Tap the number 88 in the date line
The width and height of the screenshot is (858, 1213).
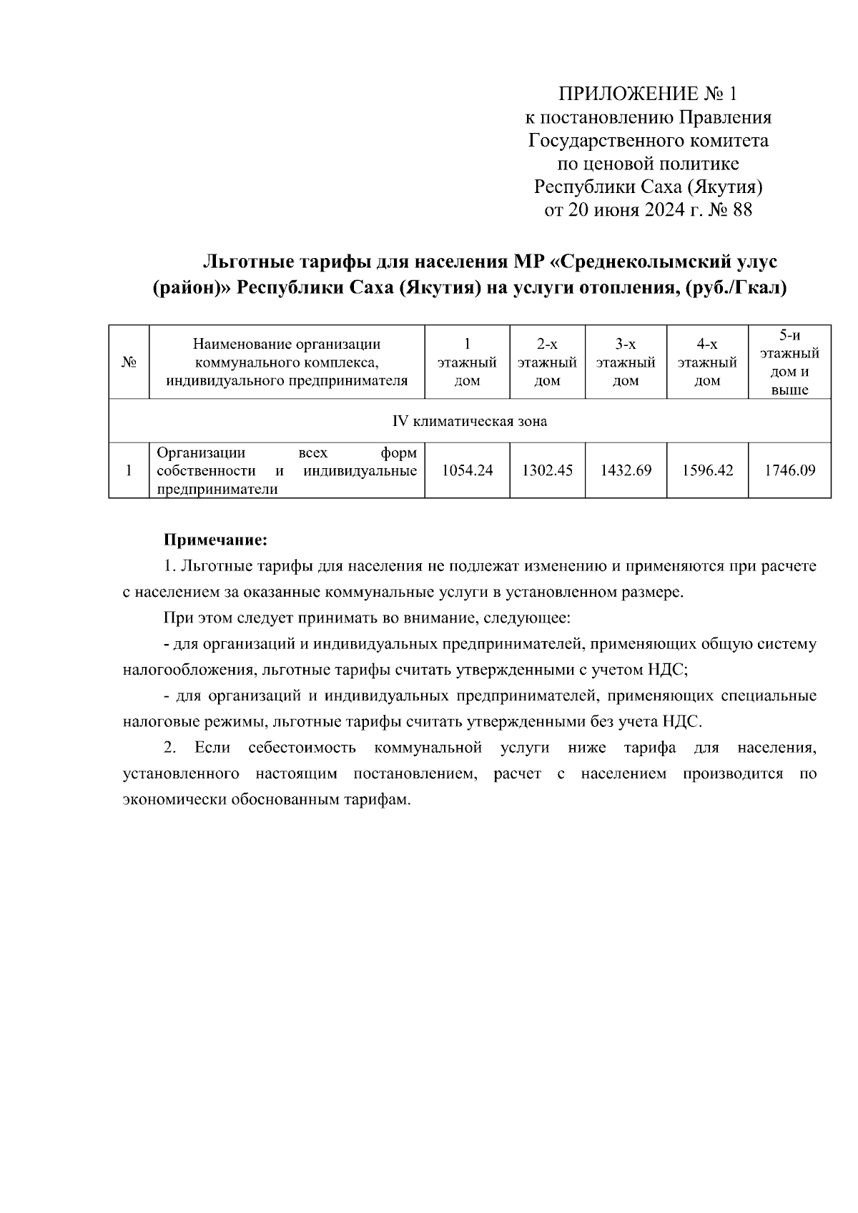point(741,210)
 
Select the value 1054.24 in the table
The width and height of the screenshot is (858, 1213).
point(467,470)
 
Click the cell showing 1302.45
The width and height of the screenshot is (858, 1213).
point(547,470)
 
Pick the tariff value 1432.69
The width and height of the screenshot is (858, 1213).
point(626,470)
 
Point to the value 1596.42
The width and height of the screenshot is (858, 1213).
point(707,470)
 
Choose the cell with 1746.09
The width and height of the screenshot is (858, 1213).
point(789,470)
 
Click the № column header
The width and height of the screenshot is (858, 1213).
point(129,362)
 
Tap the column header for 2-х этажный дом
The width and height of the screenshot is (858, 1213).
point(547,362)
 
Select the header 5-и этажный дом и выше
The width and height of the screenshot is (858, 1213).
point(789,362)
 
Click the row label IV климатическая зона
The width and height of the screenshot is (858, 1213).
point(470,421)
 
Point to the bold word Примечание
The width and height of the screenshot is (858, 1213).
point(215,538)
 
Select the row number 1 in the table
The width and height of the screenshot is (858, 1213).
point(129,470)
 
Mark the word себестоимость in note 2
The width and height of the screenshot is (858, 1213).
point(302,748)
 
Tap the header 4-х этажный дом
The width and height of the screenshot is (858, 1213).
point(707,362)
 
